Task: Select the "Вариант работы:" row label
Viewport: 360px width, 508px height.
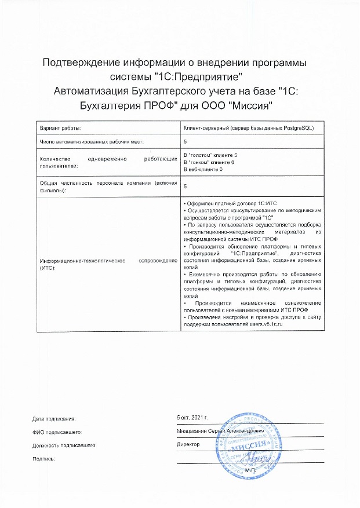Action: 60,127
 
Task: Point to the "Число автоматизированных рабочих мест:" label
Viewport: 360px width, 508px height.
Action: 92,141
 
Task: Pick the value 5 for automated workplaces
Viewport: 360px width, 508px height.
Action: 185,141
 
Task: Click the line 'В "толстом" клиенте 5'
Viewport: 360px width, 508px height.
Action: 210,156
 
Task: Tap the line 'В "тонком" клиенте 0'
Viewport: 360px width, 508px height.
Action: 209,163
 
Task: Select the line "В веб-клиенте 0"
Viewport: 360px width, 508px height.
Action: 203,169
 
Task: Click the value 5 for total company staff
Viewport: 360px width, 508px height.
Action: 185,187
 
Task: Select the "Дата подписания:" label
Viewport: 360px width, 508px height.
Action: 54,418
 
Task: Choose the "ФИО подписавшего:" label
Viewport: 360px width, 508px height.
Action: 56,432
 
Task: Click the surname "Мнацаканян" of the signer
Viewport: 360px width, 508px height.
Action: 194,432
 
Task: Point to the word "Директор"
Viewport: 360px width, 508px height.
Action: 188,445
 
